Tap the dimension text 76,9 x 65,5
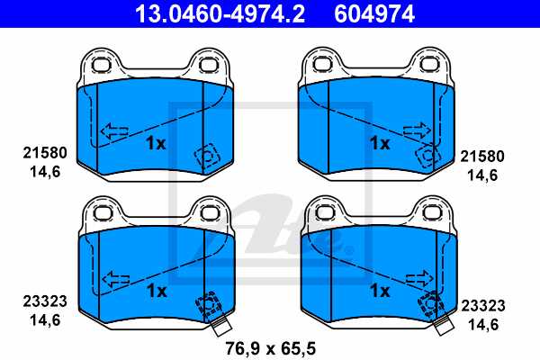[271, 346]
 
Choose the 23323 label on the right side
[482, 305]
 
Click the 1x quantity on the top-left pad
[157, 142]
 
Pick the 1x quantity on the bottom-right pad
[379, 290]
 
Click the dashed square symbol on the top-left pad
[206, 157]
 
